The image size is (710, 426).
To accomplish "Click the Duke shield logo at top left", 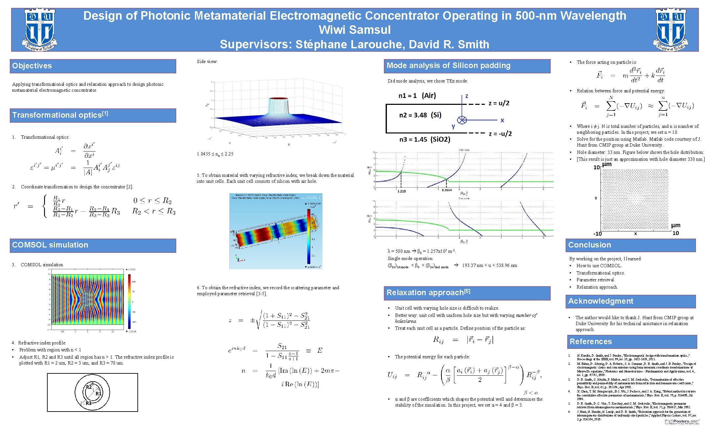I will [39, 30].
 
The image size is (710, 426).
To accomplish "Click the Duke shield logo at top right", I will [671, 30].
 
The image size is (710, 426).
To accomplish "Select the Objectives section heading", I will [32, 66].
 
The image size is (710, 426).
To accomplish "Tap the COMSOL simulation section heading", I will [50, 245].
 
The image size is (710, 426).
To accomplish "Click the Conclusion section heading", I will [590, 245].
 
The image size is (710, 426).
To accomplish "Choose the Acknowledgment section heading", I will [601, 301].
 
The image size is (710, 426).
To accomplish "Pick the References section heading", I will [591, 342].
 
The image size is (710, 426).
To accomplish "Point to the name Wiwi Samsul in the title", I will [355, 30].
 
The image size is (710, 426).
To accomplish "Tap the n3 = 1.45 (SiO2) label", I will [425, 140].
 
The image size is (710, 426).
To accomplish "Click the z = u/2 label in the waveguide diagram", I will [499, 103].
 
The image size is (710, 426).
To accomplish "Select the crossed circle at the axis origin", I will [462, 120].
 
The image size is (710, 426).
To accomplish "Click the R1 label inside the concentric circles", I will [99, 393].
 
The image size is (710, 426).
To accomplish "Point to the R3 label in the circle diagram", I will [88, 403].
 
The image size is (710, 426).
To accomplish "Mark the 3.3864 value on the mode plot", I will [446, 190].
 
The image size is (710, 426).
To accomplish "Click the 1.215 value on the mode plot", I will [401, 191].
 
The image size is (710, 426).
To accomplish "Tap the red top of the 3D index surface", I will [278, 98].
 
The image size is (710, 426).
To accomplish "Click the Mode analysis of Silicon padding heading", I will [448, 66].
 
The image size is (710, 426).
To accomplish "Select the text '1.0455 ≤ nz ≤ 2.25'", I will [215, 154].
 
